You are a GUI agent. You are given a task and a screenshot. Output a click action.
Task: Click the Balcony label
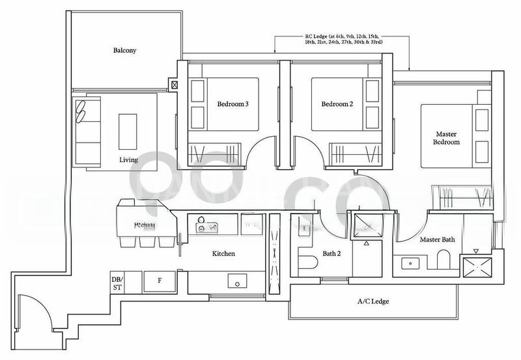coord(123,50)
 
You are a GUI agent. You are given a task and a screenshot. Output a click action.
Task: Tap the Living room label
coord(128,159)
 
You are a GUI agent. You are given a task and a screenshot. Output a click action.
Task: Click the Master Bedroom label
coord(447,137)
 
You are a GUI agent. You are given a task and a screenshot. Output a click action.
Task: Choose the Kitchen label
coord(223,254)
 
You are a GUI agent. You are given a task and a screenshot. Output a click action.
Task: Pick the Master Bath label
coord(437,240)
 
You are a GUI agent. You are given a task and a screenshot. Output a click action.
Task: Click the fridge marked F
coord(160,281)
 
